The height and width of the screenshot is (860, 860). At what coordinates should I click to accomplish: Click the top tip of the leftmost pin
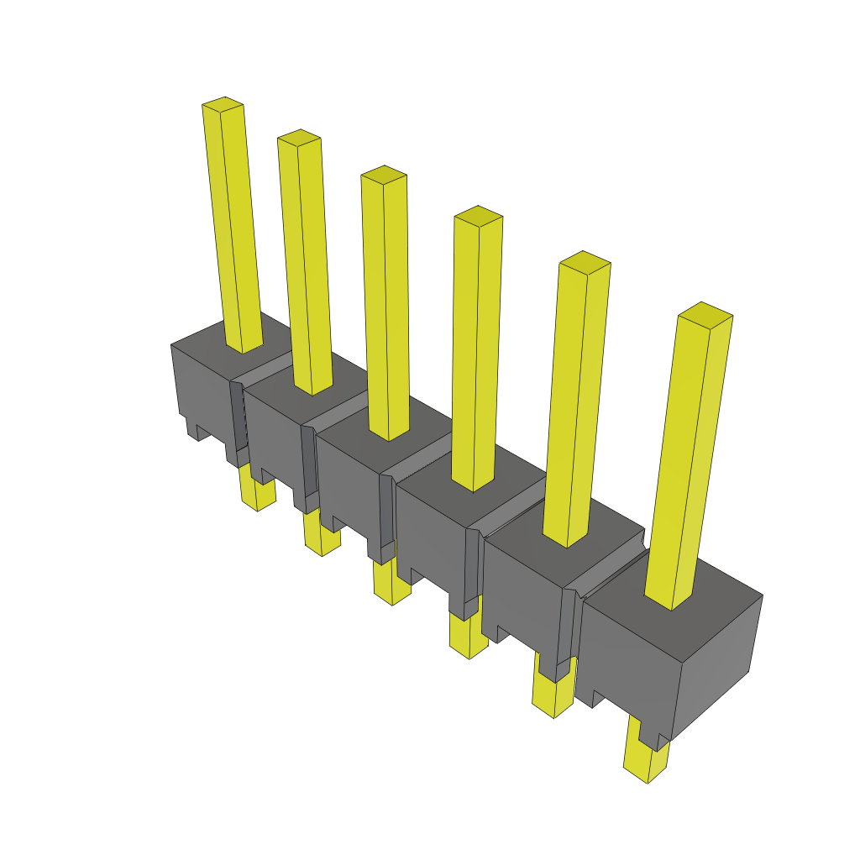point(223,104)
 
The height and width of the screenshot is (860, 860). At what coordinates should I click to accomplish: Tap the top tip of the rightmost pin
point(705,314)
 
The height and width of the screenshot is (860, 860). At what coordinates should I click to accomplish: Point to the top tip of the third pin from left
point(384,174)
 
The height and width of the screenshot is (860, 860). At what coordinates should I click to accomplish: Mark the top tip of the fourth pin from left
point(478,215)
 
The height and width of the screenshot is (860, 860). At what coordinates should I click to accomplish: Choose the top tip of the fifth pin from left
point(585,261)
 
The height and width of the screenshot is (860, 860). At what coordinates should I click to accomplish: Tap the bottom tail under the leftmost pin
point(257,491)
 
